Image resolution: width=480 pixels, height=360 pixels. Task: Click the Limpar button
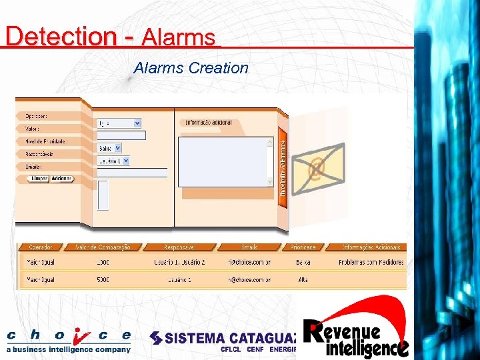[39, 179]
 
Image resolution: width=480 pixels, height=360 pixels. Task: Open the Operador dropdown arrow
[137, 123]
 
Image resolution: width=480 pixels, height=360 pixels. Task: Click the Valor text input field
[121, 135]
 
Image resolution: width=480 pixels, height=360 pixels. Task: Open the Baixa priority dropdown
[109, 148]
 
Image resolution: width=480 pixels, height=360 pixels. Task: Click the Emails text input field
[132, 173]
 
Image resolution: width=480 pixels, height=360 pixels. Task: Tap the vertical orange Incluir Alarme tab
[283, 167]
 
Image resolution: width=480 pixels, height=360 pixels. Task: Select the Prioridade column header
[303, 247]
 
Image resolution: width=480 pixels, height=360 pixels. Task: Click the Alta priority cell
[303, 280]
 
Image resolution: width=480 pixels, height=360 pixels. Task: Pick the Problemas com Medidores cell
[370, 263]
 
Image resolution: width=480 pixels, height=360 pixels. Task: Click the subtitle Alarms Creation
[191, 68]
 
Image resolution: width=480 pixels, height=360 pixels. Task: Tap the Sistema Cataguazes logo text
[227, 338]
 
